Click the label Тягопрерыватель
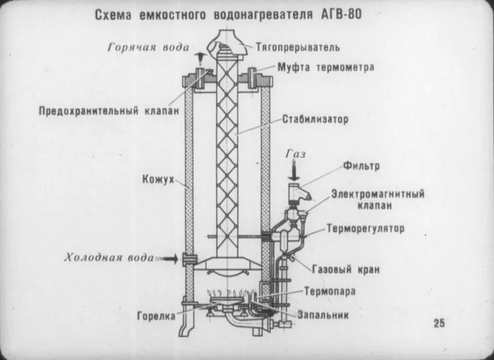pos(298,46)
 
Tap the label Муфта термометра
pos(326,67)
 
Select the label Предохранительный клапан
pos(109,111)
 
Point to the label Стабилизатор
pos(315,120)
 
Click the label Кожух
pos(158,179)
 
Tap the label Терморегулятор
pos(365,228)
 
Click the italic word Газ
pos(295,154)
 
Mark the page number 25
pos(439,324)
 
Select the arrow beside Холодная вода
pos(170,258)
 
